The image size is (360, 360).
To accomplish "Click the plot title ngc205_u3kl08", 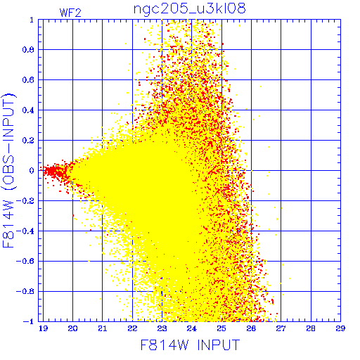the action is [x=189, y=9].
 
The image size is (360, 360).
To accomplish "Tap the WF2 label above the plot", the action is [x=70, y=13].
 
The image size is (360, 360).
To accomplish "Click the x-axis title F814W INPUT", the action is [x=190, y=345].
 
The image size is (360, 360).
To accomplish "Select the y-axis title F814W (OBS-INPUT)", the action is [x=8, y=170].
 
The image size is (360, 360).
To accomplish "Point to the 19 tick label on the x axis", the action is [x=44, y=328].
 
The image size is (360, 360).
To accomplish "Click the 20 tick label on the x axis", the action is [x=73, y=328].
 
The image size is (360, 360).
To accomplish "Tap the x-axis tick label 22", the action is [x=132, y=328].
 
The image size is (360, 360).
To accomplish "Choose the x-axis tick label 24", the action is [x=192, y=328].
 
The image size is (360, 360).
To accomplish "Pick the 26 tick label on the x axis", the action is [x=251, y=328].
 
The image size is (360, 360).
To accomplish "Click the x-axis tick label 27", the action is [x=281, y=328].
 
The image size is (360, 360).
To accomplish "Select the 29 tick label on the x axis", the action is [x=340, y=328].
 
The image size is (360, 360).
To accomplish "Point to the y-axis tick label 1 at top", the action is [x=32, y=20].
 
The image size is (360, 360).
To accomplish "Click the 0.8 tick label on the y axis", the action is [x=28, y=50].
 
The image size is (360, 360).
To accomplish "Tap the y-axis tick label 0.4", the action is [x=28, y=110].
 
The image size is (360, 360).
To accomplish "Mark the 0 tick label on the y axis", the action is [x=32, y=170].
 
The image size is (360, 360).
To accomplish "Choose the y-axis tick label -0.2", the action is [x=25, y=201].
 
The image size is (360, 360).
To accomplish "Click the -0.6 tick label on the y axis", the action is [x=25, y=261].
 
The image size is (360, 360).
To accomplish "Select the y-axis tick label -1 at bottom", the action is [x=28, y=321].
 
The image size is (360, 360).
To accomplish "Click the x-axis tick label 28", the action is [x=311, y=328].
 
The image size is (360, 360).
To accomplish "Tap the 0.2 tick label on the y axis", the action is [x=28, y=141].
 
